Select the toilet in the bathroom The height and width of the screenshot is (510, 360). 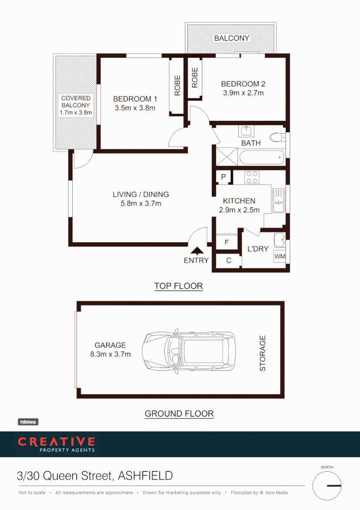(277, 137)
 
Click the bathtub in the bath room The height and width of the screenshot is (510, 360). (261, 156)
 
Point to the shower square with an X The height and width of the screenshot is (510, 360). (226, 156)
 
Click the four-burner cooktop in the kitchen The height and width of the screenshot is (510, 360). (252, 177)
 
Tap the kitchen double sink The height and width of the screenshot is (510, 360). (278, 200)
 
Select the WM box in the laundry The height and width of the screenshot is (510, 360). (280, 256)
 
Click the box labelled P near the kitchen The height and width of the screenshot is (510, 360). (224, 178)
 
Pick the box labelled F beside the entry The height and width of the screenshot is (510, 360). (227, 243)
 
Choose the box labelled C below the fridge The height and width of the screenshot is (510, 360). (228, 261)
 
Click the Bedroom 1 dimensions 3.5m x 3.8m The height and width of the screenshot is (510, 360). (135, 108)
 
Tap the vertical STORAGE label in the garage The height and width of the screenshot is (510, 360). (263, 353)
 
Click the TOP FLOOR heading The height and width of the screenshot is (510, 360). (178, 286)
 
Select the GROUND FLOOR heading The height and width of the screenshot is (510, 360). (179, 414)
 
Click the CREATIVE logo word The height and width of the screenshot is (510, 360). (56, 442)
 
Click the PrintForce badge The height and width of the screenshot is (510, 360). (28, 422)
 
